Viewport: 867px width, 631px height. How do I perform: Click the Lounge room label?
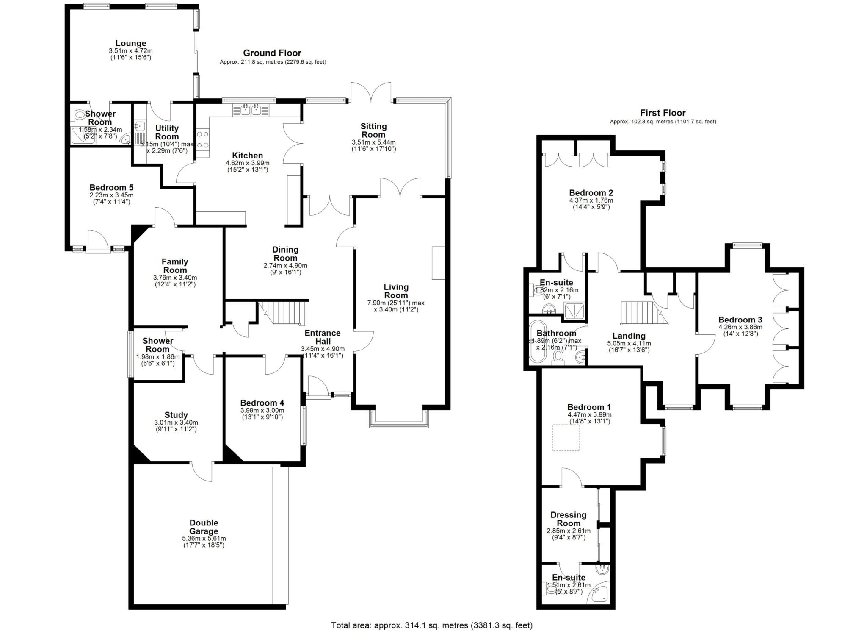coord(131,43)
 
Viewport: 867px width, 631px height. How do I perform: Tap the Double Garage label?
coord(204,527)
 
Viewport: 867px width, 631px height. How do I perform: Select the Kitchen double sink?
coord(251,110)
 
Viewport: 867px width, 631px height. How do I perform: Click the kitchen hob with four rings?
coord(203,139)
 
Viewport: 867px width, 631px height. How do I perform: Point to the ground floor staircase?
coord(282,313)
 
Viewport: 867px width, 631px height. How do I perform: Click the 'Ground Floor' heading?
coord(272,53)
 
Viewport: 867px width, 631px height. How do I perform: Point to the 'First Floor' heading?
coord(663,113)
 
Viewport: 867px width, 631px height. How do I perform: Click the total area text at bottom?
coord(432,625)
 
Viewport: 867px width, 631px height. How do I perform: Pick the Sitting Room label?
coord(373,131)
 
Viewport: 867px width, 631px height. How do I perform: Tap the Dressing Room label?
coord(568,519)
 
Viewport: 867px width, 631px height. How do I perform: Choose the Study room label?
coord(176,415)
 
